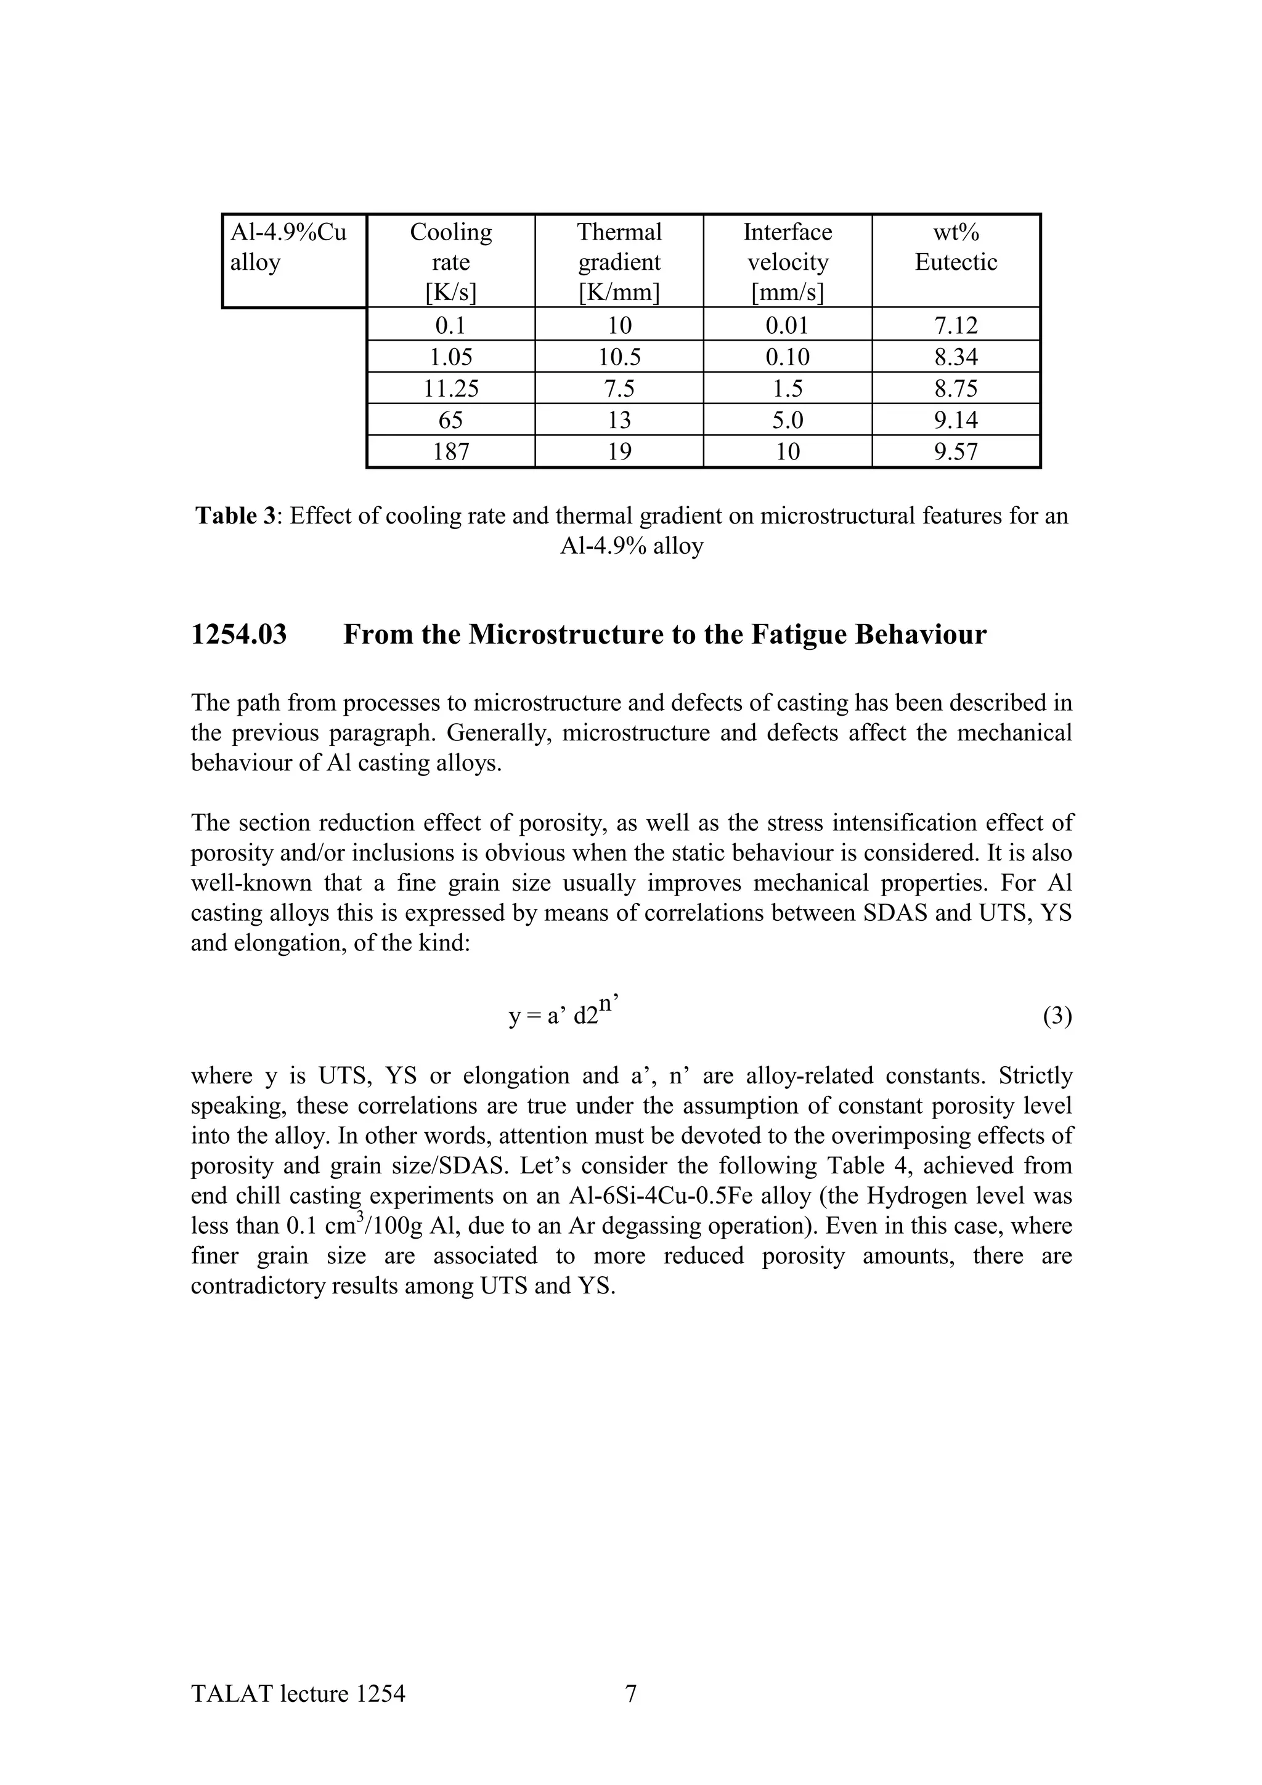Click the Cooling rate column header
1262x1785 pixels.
pos(450,261)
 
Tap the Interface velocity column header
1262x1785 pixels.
pos(787,261)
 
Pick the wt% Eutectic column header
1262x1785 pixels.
pos(956,247)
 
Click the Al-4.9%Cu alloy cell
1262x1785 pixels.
pos(288,247)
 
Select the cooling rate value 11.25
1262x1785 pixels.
pos(450,389)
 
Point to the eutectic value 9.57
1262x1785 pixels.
pos(956,451)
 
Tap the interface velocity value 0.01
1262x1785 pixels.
pos(787,325)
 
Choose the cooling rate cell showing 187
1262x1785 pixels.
pos(450,451)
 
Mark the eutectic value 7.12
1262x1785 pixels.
pos(956,325)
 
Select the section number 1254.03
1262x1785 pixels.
pos(238,635)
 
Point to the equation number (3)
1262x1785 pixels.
pos(1057,1016)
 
